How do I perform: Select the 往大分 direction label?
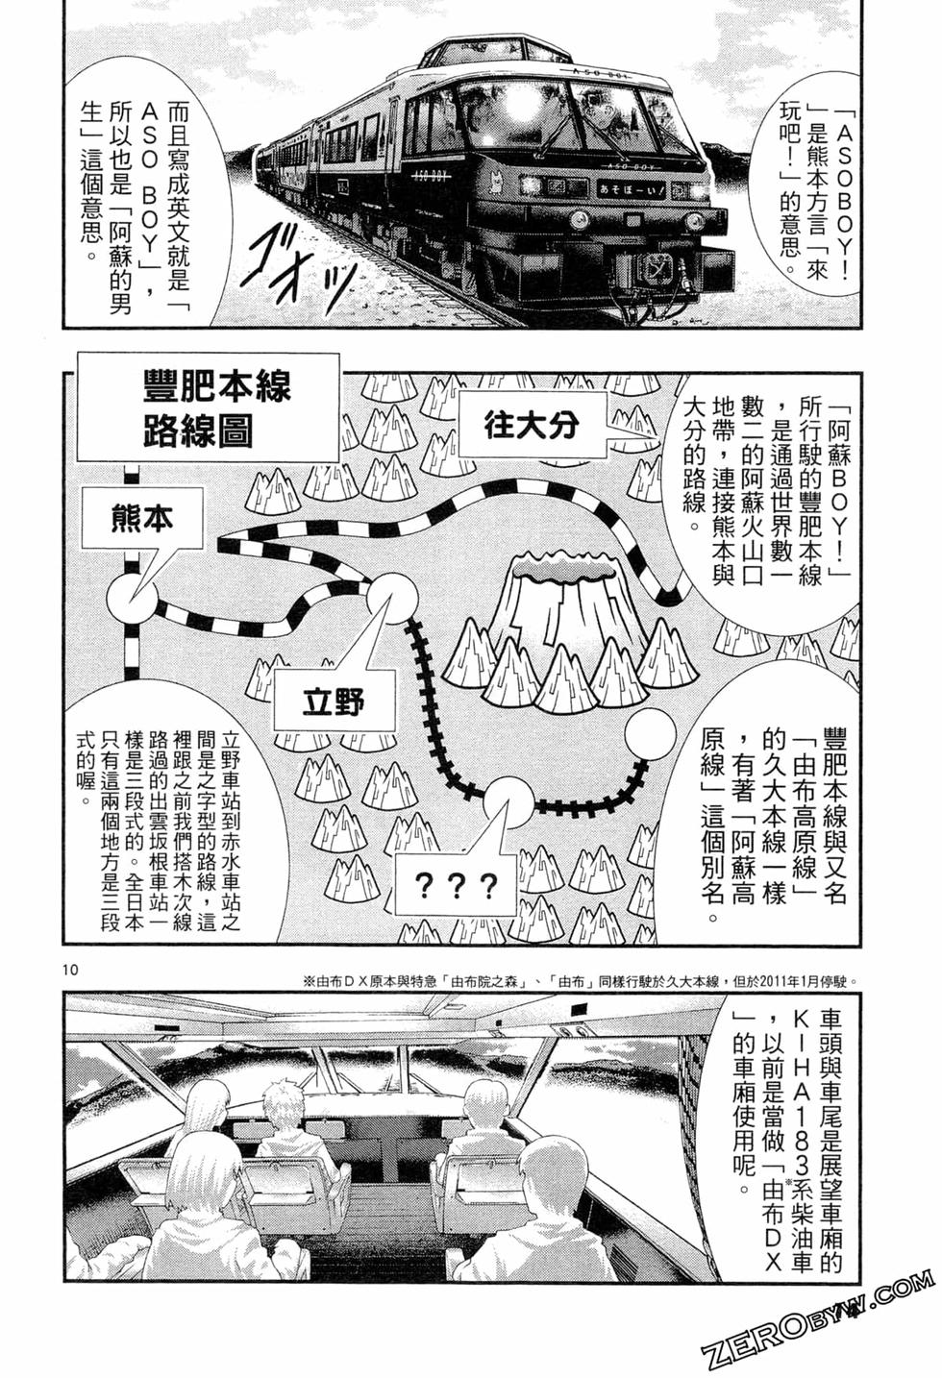pyautogui.click(x=532, y=423)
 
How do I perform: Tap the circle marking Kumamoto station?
pyautogui.click(x=131, y=602)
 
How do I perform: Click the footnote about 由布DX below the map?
pyautogui.click(x=577, y=980)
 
